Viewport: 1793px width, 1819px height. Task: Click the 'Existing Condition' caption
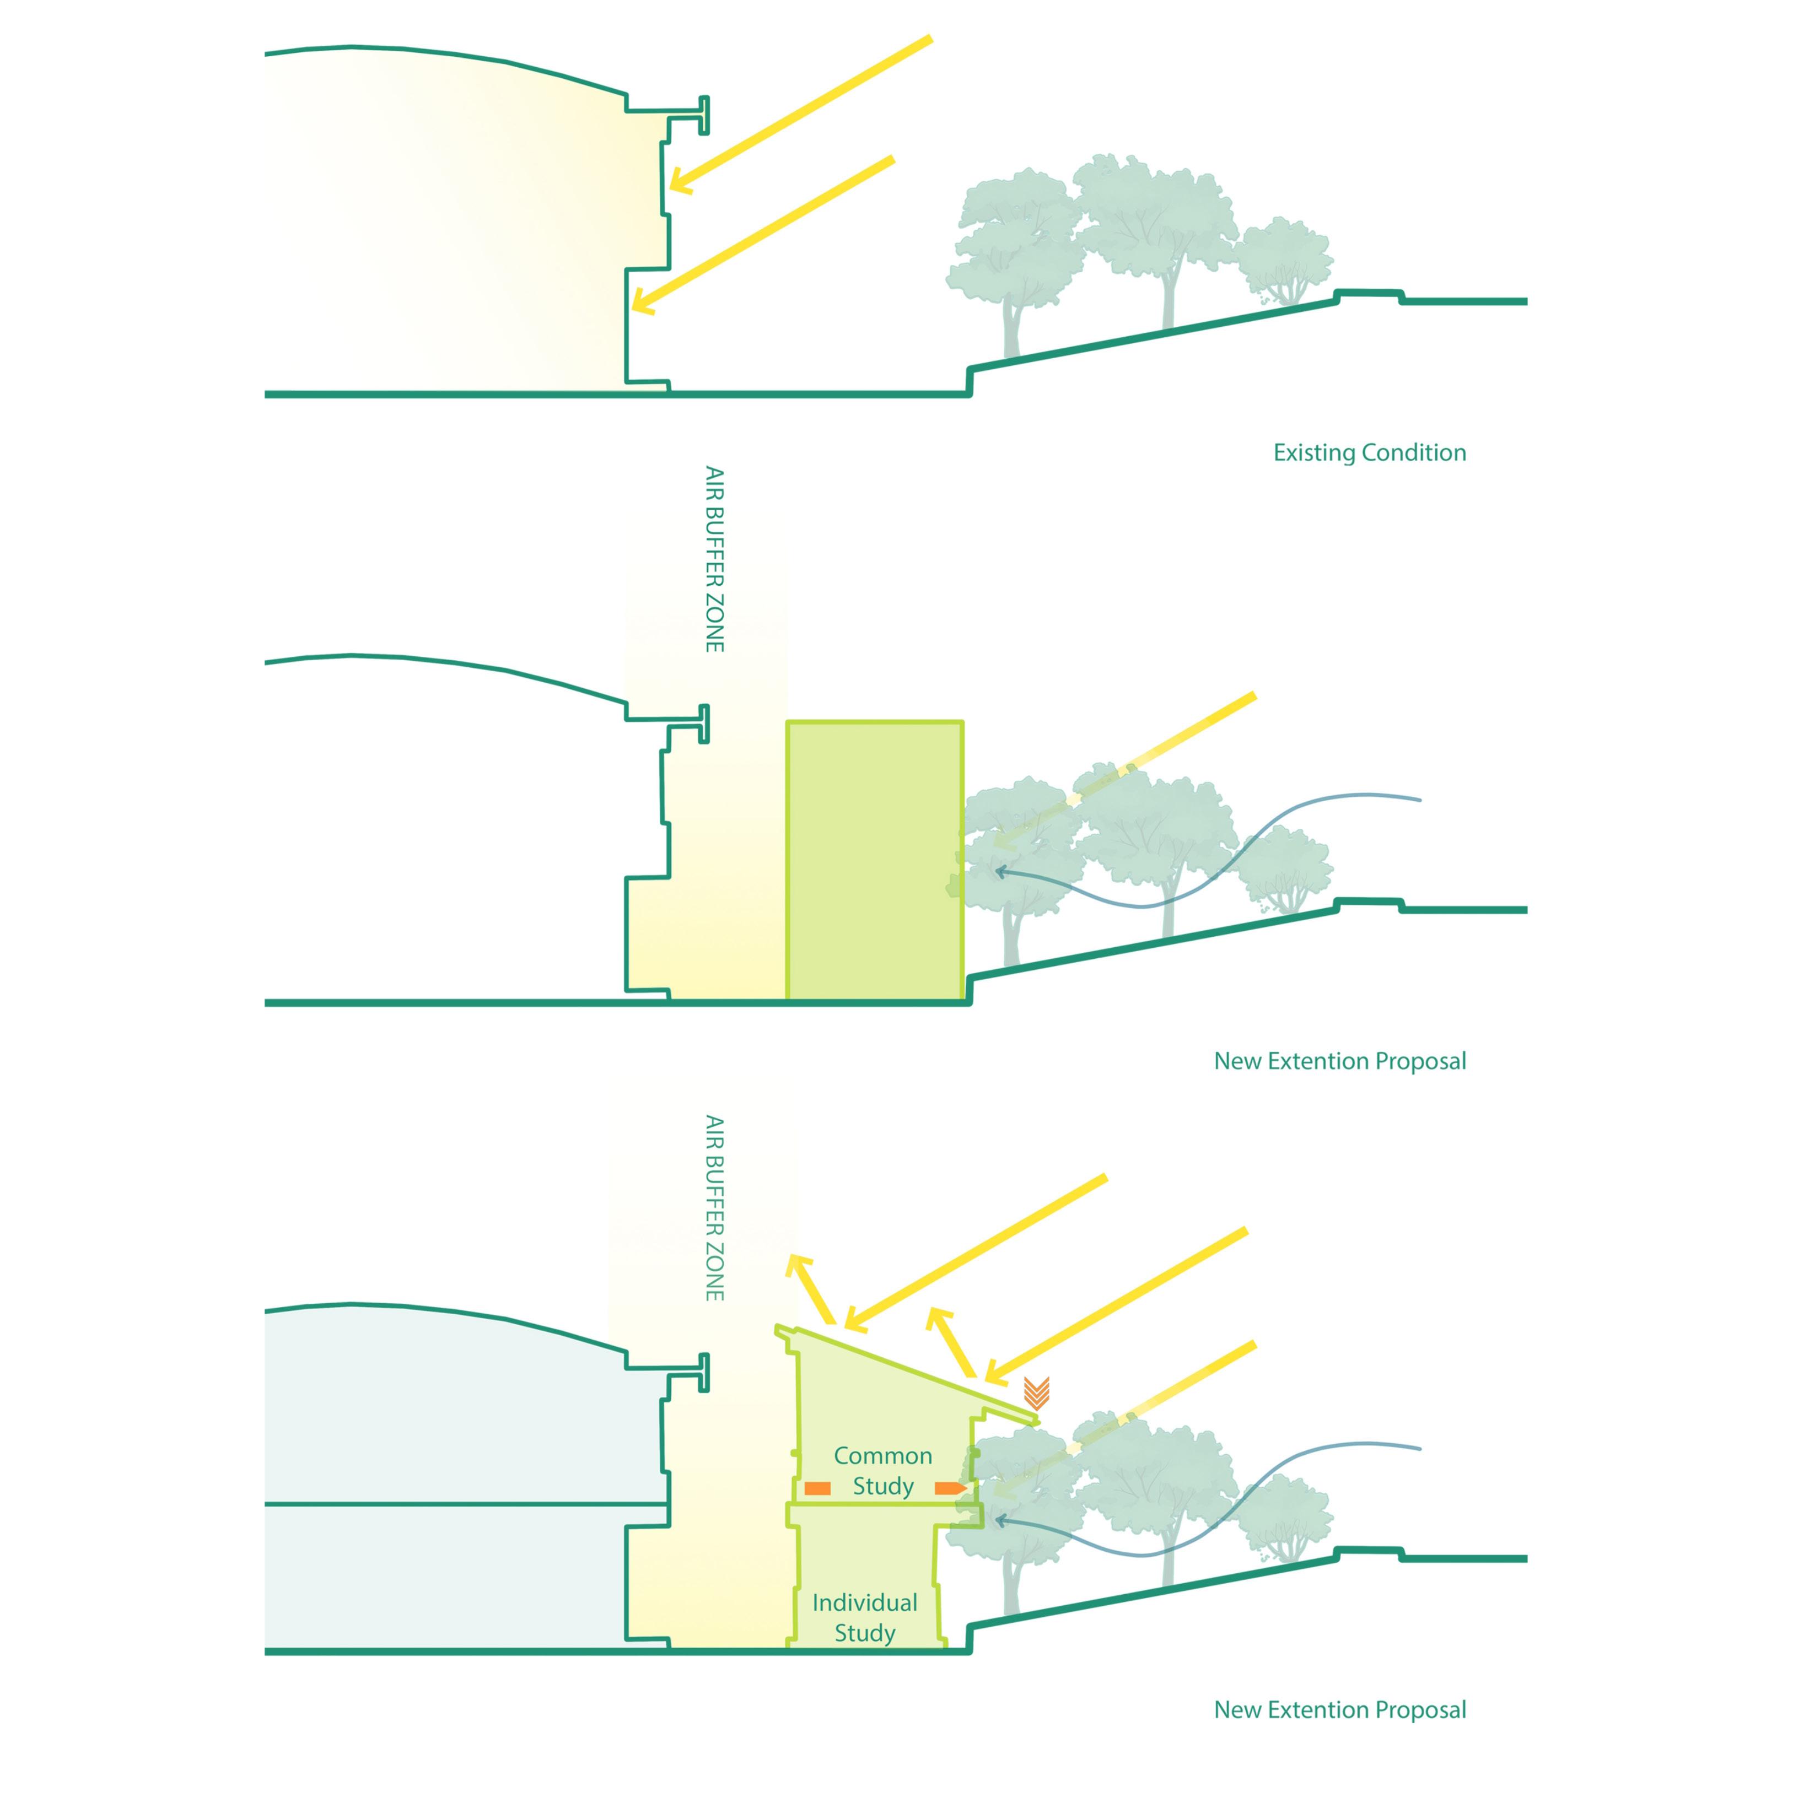[1369, 453]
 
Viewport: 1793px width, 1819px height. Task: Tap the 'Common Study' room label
[882, 1471]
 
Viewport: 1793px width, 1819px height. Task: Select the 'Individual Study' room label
[864, 1617]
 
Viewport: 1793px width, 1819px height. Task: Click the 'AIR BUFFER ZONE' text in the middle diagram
[715, 559]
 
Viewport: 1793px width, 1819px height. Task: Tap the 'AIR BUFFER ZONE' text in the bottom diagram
[715, 1208]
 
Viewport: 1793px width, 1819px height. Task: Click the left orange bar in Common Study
[817, 1488]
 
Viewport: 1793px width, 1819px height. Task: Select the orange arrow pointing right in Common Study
[949, 1488]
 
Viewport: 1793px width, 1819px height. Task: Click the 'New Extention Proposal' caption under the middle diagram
[1339, 1061]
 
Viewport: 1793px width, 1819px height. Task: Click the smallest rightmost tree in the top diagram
[1283, 259]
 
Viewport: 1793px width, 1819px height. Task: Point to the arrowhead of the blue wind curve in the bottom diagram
[1000, 1519]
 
